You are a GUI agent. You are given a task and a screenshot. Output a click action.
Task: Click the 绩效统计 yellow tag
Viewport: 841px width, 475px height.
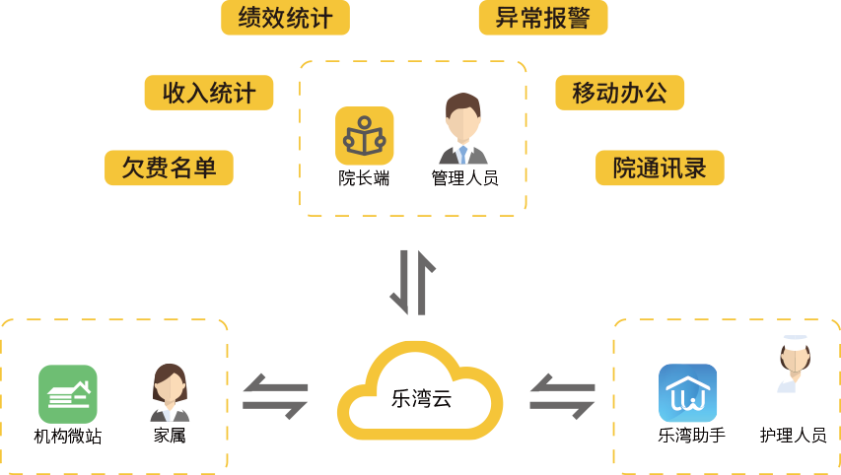pyautogui.click(x=285, y=18)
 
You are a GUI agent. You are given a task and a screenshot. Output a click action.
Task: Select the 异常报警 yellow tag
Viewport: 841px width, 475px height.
pyautogui.click(x=542, y=18)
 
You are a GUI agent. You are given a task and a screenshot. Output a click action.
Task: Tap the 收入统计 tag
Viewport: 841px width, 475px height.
pyautogui.click(x=209, y=93)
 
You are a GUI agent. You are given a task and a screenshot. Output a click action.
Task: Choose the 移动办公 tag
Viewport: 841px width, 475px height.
pyautogui.click(x=619, y=93)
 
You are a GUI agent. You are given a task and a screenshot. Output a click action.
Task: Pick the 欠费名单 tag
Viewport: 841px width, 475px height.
pyautogui.click(x=169, y=168)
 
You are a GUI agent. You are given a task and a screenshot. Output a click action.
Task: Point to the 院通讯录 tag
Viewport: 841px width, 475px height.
pyautogui.click(x=660, y=168)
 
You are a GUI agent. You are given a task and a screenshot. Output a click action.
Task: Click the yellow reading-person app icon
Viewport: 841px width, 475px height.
pyautogui.click(x=364, y=136)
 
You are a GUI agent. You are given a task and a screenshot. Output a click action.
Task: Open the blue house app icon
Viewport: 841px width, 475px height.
pyautogui.click(x=687, y=393)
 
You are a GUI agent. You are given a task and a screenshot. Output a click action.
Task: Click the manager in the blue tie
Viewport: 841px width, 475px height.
pyautogui.click(x=462, y=129)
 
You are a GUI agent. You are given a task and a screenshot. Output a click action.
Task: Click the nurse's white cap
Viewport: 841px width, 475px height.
pyautogui.click(x=795, y=341)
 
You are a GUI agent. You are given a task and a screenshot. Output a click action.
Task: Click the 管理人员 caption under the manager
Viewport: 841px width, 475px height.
pyautogui.click(x=463, y=180)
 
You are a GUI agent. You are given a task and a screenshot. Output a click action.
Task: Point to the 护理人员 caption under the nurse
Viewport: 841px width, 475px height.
pyautogui.click(x=794, y=435)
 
